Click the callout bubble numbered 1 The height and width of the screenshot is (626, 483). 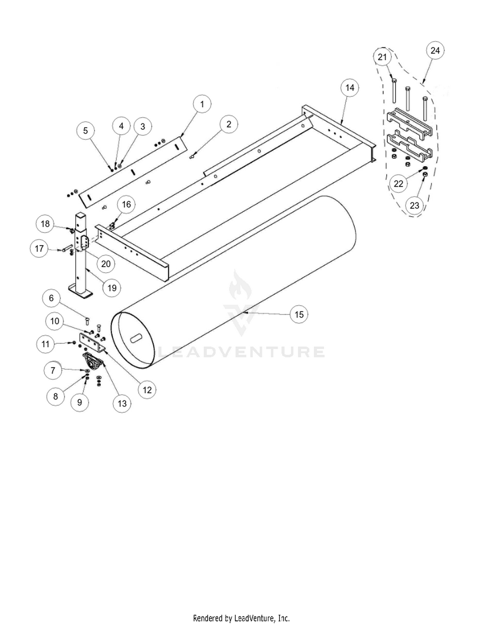pos(202,104)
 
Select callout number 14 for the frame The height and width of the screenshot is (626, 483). pos(350,88)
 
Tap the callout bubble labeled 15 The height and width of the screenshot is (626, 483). pos(299,314)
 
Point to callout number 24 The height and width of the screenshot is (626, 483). pos(435,51)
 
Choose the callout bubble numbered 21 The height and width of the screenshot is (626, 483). pos(382,57)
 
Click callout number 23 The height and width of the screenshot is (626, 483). pos(414,205)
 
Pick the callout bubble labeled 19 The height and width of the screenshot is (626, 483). pos(112,288)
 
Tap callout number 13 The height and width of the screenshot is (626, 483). pos(122,403)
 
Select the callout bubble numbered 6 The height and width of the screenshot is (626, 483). pos(51,298)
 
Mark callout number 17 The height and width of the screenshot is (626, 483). pos(39,249)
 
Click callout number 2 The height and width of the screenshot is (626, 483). pos(229,124)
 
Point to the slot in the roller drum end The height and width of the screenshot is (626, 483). pos(137,339)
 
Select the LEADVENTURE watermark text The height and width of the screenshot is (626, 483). pos(241,352)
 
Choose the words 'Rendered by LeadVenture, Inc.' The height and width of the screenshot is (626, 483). pos(241,618)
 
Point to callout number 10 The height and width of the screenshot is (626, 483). pos(55,321)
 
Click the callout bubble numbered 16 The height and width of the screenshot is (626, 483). pos(126,204)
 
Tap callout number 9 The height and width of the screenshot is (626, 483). pos(80,402)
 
